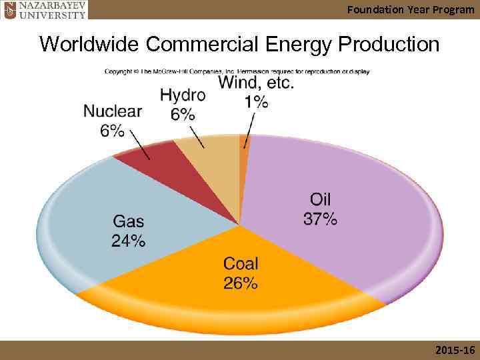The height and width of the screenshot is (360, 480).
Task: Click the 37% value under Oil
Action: [320, 219]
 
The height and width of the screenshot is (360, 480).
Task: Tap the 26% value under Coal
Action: [240, 283]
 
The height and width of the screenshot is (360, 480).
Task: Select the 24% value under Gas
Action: [128, 240]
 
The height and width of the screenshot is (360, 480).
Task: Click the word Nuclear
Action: [113, 111]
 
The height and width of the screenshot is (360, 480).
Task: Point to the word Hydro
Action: [183, 95]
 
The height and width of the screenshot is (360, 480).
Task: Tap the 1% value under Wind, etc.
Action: [257, 101]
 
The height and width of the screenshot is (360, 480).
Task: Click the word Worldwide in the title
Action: [89, 44]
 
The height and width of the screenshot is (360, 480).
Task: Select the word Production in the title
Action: [389, 44]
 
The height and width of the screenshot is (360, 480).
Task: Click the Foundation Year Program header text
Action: [411, 9]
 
